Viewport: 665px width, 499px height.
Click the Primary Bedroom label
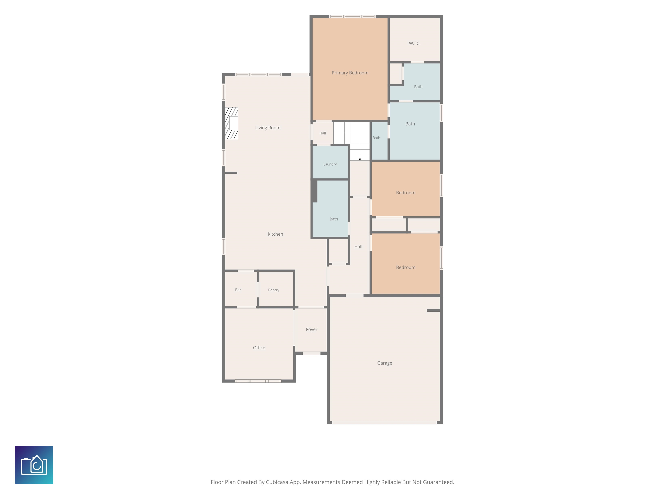[350, 73]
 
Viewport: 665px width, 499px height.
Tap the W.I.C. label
[415, 43]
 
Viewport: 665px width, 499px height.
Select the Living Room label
[268, 128]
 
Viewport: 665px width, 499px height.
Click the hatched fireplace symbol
[231, 123]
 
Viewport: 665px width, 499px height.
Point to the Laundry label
[330, 164]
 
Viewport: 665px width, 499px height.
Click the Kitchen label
[275, 234]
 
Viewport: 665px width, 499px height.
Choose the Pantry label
[274, 290]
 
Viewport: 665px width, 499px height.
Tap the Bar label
[238, 290]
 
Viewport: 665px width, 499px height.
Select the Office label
[259, 348]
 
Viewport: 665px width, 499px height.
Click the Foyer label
[312, 329]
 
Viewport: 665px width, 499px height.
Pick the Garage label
[384, 363]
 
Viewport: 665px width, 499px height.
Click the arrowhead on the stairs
[360, 159]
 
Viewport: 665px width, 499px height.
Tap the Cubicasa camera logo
[34, 465]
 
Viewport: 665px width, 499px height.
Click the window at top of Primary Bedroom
[352, 16]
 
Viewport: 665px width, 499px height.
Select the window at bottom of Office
[258, 381]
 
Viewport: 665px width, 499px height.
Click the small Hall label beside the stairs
[323, 133]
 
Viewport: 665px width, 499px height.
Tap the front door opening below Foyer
[312, 353]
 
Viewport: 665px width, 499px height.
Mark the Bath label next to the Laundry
[334, 219]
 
